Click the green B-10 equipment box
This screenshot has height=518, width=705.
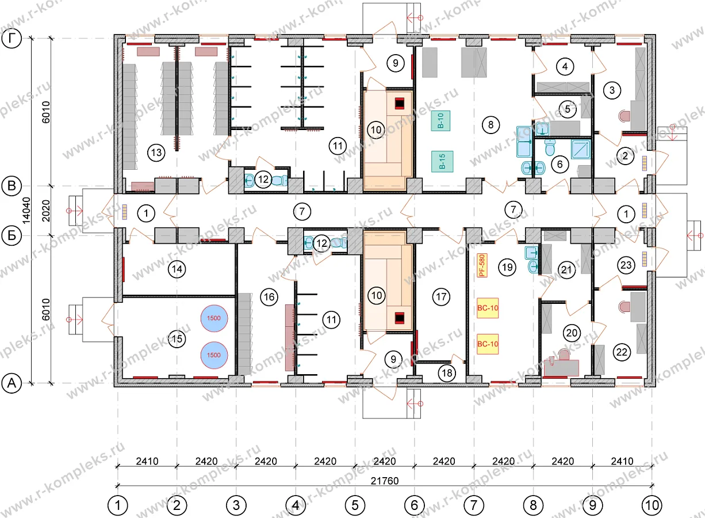(440, 120)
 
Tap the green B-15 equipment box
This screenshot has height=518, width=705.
(442, 161)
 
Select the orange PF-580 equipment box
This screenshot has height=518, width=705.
(482, 265)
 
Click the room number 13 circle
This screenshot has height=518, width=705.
(156, 153)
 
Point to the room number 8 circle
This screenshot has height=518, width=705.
(491, 125)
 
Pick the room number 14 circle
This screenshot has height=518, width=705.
(177, 269)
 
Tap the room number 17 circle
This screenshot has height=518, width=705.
(441, 296)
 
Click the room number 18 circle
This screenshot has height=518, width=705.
(447, 373)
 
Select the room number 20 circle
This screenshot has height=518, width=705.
(572, 333)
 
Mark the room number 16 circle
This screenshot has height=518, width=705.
(269, 297)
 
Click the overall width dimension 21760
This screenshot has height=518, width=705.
(385, 481)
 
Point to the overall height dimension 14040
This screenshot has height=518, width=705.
(26, 211)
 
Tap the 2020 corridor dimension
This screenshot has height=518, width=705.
(46, 211)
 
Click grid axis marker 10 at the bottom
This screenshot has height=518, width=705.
(652, 505)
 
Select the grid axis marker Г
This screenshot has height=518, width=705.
(12, 39)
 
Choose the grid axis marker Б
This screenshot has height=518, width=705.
(12, 235)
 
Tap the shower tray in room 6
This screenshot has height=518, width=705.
(581, 149)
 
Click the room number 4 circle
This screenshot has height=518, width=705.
(565, 67)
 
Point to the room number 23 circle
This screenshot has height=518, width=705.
(626, 265)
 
